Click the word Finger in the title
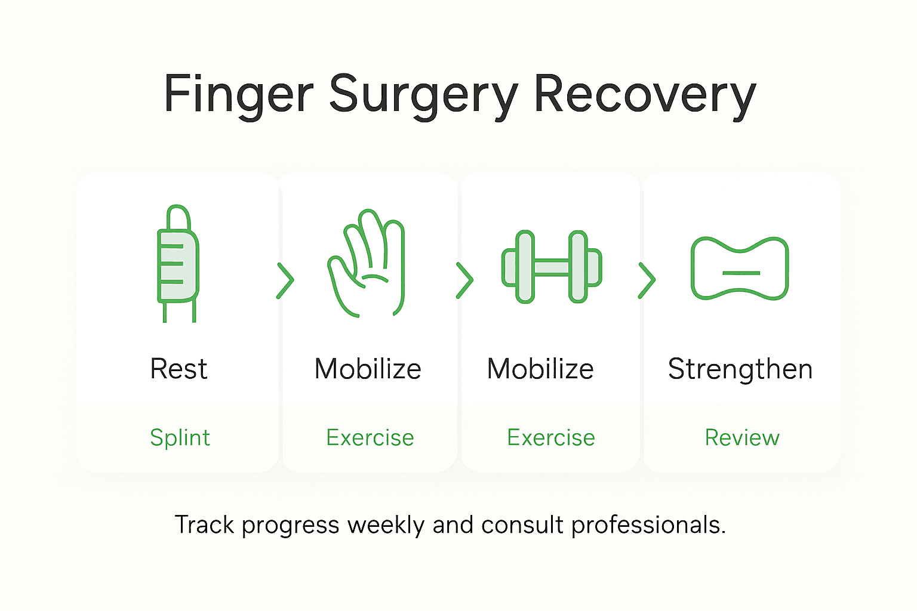click(x=238, y=94)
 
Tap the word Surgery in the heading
click(x=424, y=94)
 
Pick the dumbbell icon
click(x=552, y=267)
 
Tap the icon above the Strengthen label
click(x=740, y=268)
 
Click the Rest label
click(x=179, y=369)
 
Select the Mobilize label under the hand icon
click(x=368, y=369)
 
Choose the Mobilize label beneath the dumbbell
click(x=540, y=369)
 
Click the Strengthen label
click(x=740, y=369)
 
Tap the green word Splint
click(x=180, y=438)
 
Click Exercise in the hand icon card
click(x=370, y=438)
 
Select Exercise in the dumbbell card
click(x=551, y=438)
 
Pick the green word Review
click(x=742, y=438)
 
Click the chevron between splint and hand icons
click(x=285, y=280)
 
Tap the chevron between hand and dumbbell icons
click(x=464, y=280)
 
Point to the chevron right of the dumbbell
click(x=647, y=280)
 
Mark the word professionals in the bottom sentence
click(x=648, y=525)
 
